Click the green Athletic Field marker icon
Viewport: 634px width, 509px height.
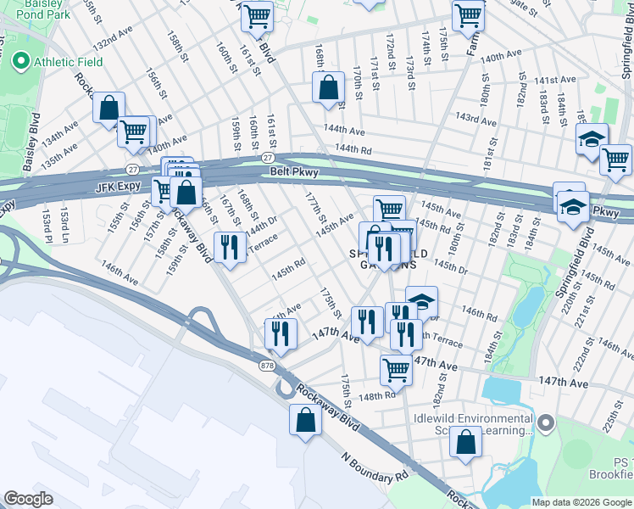click(x=20, y=62)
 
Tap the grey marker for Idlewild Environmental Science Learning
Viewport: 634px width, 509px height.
click(x=547, y=421)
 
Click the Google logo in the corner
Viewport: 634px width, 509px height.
click(x=28, y=499)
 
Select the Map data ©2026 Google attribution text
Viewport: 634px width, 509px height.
click(x=581, y=502)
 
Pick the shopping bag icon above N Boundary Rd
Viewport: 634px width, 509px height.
click(x=305, y=420)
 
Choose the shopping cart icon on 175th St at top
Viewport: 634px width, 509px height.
click(x=467, y=14)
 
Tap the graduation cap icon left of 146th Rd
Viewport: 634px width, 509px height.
click(x=421, y=302)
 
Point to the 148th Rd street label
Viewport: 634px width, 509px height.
click(x=377, y=395)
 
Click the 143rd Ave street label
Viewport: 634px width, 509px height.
click(x=475, y=117)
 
